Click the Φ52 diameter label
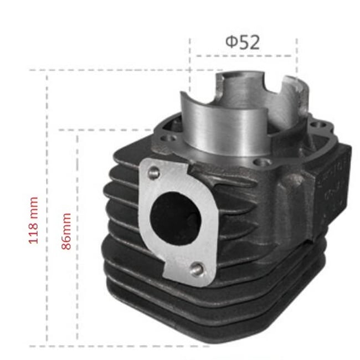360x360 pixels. coord(243,42)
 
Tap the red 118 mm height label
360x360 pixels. coord(34,220)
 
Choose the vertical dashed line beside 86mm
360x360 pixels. coord(78,238)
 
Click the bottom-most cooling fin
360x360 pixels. coord(166,332)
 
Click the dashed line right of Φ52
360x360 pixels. coord(296,55)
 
